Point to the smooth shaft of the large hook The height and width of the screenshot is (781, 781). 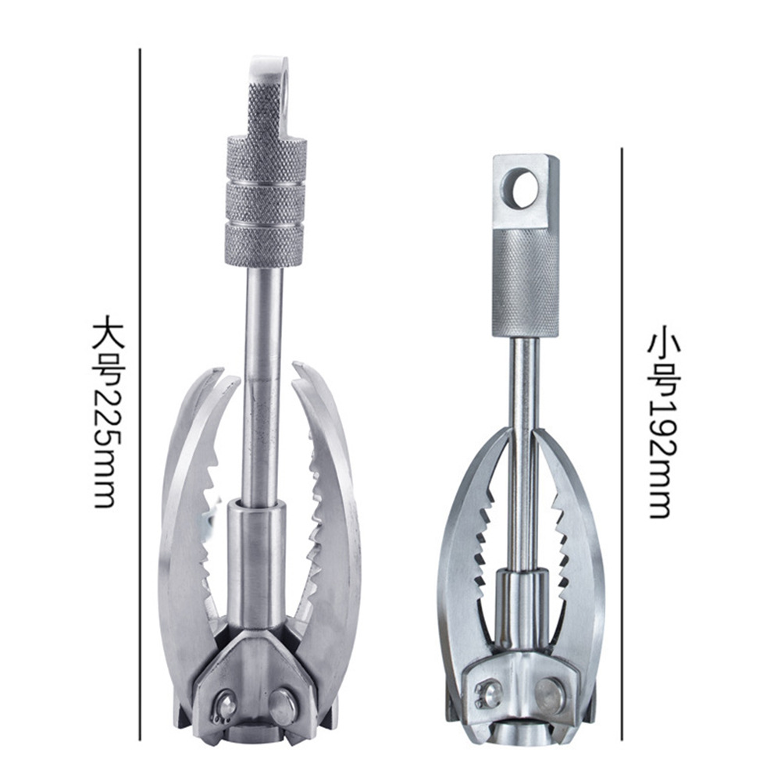[x=262, y=383]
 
